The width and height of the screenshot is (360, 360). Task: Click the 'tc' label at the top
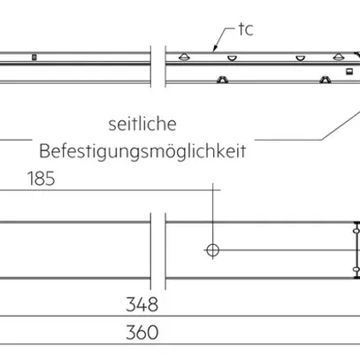[x=245, y=30]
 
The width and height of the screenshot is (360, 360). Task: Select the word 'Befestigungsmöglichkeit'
[x=142, y=149]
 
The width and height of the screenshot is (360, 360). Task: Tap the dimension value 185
[x=41, y=180]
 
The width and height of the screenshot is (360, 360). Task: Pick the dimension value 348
[x=142, y=305]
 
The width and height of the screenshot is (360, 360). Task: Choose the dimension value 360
[x=142, y=333]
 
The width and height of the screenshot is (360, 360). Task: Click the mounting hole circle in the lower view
[x=212, y=250]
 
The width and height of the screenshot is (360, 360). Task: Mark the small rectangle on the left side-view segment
[x=34, y=58]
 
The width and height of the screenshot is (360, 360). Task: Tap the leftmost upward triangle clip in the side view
[x=183, y=56]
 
